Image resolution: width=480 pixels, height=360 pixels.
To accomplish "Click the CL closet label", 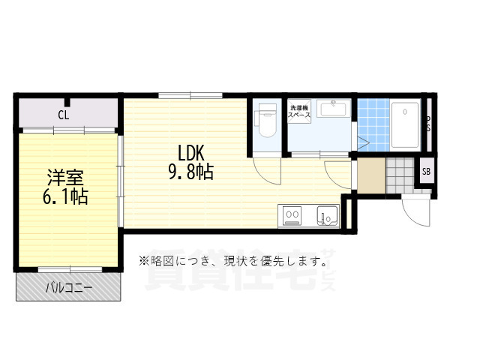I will (x=64, y=115).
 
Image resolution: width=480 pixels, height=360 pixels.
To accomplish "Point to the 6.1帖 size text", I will (x=66, y=197).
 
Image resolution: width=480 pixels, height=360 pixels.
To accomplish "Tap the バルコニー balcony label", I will (x=68, y=287).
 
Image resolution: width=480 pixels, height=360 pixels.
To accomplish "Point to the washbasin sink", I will (x=333, y=109).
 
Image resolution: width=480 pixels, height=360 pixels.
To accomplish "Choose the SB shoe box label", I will (x=426, y=172).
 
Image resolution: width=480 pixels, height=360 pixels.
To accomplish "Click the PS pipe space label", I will (x=428, y=124).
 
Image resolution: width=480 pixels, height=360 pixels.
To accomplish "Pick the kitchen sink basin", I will (x=328, y=217).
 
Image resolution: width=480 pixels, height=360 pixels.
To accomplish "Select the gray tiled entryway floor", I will (x=400, y=175).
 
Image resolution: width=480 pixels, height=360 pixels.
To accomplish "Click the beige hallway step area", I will (x=370, y=175).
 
